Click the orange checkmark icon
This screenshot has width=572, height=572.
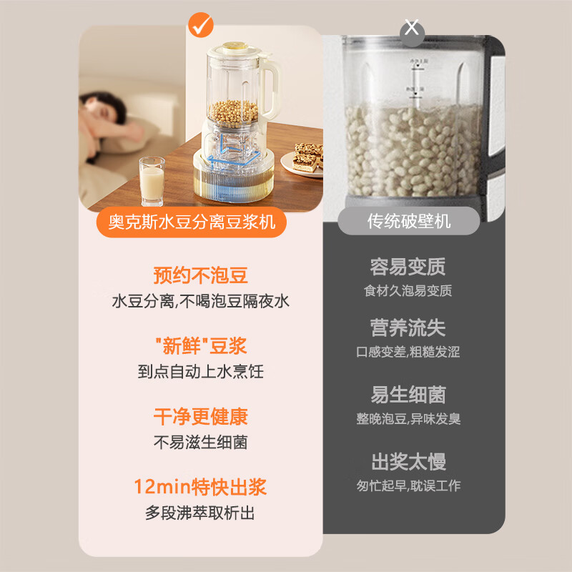click(x=201, y=26)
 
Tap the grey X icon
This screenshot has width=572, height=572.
click(x=412, y=29)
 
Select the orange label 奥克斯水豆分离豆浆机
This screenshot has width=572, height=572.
click(x=192, y=222)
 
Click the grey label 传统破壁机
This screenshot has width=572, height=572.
click(x=409, y=222)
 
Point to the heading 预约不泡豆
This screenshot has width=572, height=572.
click(x=201, y=275)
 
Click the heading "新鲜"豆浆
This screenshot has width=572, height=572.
click(x=201, y=347)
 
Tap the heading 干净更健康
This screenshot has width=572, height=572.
click(x=201, y=417)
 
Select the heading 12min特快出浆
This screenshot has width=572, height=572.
click(x=201, y=488)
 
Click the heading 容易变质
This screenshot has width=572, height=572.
click(x=408, y=267)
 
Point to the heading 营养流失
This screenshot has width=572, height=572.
click(x=408, y=328)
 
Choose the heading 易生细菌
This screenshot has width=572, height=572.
click(x=408, y=395)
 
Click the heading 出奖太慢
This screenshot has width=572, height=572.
click(x=408, y=461)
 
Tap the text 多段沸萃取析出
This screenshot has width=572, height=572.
click(x=201, y=513)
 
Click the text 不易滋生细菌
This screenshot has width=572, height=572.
click(x=201, y=443)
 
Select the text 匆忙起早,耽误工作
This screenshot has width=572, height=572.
click(x=408, y=486)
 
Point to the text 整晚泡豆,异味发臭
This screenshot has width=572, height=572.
click(x=408, y=419)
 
